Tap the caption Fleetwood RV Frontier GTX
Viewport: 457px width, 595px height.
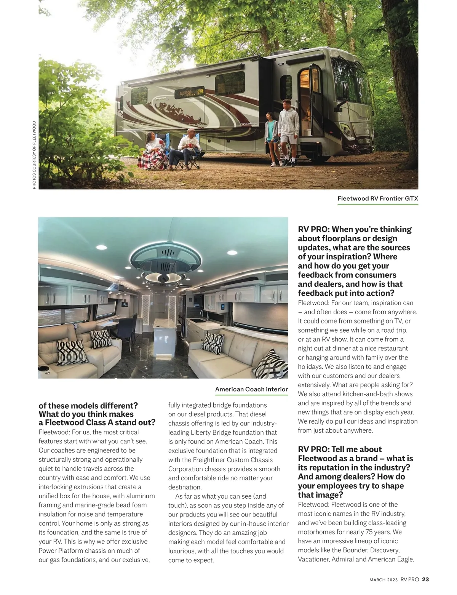pos(378,198)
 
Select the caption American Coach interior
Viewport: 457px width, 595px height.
pos(251,389)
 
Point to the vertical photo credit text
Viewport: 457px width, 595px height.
pos(34,155)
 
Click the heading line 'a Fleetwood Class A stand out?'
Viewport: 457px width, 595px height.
pos(97,422)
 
